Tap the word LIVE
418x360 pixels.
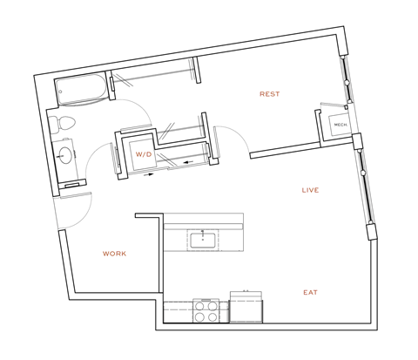click(x=309, y=190)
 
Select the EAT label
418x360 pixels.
click(x=309, y=292)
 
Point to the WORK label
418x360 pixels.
click(x=114, y=254)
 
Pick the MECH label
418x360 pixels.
click(x=341, y=126)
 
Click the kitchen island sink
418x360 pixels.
click(x=202, y=238)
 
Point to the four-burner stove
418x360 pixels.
click(x=206, y=310)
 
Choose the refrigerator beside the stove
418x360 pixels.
click(x=246, y=306)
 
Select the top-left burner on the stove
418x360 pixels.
click(x=200, y=305)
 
